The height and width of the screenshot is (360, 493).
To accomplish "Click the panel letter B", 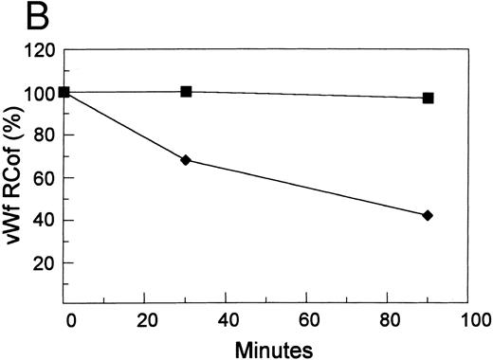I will (x=19, y=18).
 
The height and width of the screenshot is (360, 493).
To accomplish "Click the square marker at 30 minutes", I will (x=186, y=92).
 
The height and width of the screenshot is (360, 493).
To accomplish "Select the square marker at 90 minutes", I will (x=428, y=98).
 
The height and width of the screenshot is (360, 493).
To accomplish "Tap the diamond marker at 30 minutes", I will (x=186, y=160).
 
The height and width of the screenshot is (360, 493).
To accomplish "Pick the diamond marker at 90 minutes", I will (x=428, y=216).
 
